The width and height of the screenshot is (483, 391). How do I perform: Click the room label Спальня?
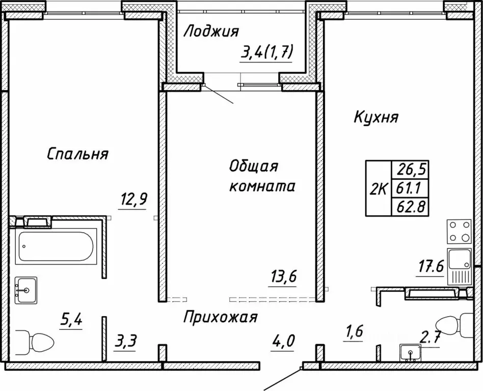click(x=77, y=154)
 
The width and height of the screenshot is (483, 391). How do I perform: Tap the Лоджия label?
click(x=211, y=32)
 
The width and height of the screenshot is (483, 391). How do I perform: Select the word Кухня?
click(x=376, y=117)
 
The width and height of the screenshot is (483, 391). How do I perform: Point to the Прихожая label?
click(x=220, y=318)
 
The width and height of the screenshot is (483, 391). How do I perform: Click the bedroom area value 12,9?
click(x=134, y=199)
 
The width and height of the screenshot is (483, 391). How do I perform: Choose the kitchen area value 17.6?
click(x=431, y=267)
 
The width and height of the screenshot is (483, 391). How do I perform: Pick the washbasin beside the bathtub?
click(x=25, y=290)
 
